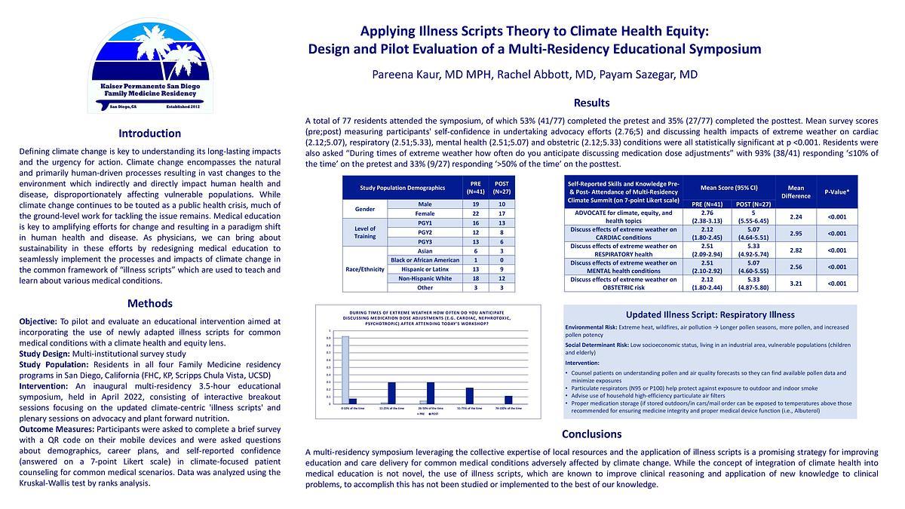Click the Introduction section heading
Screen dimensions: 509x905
coord(150,133)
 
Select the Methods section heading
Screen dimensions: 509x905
coord(150,303)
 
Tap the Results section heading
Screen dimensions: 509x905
coord(592,103)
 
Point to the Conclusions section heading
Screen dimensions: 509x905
coord(592,434)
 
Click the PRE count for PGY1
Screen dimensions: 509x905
coord(477,224)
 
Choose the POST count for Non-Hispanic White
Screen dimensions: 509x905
coord(502,277)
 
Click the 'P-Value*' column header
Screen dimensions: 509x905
coord(838,192)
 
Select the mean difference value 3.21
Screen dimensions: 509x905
coord(795,284)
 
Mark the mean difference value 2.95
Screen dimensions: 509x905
coord(795,234)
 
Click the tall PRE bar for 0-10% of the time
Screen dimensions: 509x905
coord(345,370)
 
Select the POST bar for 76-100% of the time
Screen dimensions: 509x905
coord(508,400)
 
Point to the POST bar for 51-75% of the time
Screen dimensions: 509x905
coord(469,395)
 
